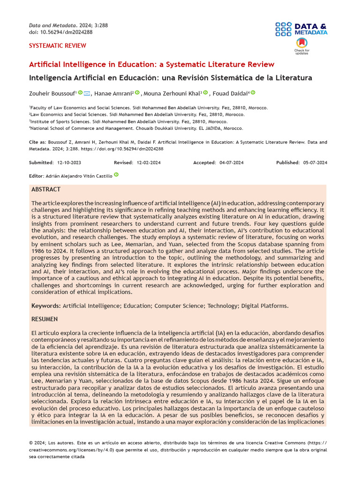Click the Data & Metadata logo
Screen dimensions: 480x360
(x=301, y=29)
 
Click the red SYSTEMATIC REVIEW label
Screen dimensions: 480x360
(x=58, y=45)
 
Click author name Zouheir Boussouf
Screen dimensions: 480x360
(x=52, y=93)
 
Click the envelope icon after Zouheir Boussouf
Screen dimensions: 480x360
(x=87, y=93)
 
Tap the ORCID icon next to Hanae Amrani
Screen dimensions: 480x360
(x=137, y=93)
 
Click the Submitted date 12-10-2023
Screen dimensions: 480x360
(x=69, y=163)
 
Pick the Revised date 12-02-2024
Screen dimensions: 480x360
(x=149, y=163)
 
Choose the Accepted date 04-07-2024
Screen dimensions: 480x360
(x=231, y=163)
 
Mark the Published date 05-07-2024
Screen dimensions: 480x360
(x=315, y=163)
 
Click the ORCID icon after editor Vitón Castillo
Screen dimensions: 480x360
(x=116, y=175)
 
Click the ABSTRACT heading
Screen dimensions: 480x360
(x=46, y=189)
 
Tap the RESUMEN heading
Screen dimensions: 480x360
(x=45, y=319)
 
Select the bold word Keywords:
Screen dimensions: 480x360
(x=46, y=306)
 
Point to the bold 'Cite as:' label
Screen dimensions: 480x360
(x=38, y=142)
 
